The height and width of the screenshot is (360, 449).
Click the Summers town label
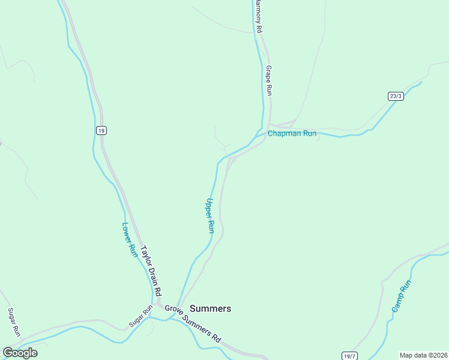(x=210, y=308)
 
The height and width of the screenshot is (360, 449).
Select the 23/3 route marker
(x=396, y=96)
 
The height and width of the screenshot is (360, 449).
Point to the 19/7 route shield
(x=350, y=356)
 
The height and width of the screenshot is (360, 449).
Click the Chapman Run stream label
(x=292, y=133)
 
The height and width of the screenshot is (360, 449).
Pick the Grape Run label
(x=269, y=80)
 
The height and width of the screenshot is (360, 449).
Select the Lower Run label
(x=130, y=240)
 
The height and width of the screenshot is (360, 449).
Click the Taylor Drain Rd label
(x=151, y=271)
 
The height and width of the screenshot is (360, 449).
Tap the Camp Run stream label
(x=402, y=296)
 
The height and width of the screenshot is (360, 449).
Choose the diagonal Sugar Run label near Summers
(x=141, y=317)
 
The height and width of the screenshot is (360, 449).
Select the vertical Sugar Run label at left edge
(x=14, y=323)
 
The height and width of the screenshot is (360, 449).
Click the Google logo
(x=20, y=353)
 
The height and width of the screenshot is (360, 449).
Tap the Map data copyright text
(x=423, y=355)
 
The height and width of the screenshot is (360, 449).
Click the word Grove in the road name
(x=173, y=311)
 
